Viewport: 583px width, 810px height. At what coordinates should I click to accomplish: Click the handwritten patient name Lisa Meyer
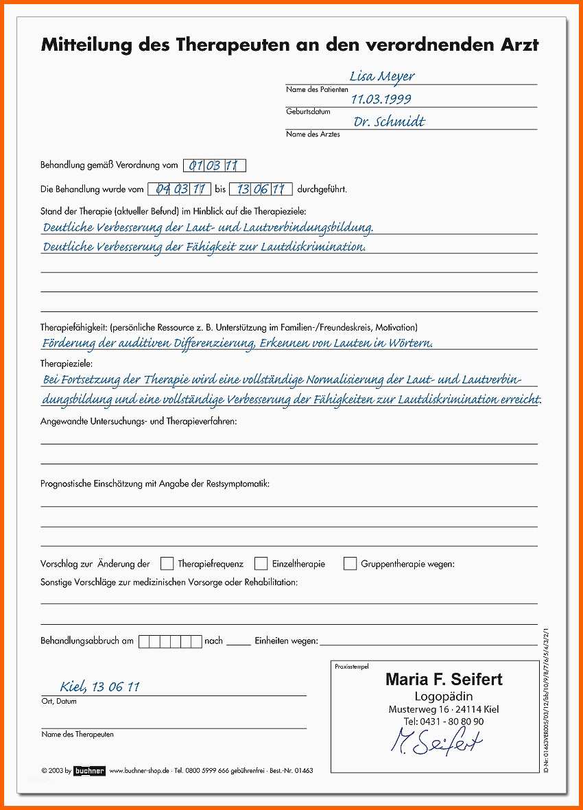pos(382,76)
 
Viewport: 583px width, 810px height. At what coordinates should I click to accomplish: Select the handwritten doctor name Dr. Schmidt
pos(389,122)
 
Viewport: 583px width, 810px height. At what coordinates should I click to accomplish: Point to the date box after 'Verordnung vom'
pos(215,165)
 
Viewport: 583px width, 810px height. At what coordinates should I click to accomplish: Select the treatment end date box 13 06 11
pos(261,189)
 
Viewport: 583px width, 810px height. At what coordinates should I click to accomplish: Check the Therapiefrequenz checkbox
pos(167,564)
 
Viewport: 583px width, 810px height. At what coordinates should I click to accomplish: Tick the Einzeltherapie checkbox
pos(261,564)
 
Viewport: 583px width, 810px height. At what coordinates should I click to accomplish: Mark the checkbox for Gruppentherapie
pos(350,564)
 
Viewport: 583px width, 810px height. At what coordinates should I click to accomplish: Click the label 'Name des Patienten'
pos(317,89)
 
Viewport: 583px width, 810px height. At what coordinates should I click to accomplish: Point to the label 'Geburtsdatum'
pos(308,111)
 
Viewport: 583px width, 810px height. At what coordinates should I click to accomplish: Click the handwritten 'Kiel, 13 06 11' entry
pos(100,687)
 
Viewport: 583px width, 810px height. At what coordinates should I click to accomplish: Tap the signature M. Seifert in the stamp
pos(436,741)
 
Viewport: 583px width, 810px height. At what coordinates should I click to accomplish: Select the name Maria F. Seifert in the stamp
pos(444,680)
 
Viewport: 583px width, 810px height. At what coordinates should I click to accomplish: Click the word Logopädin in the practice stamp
pos(444,696)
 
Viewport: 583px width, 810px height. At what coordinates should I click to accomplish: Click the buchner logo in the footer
pos(89,770)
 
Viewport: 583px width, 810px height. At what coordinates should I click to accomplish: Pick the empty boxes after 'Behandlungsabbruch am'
pos(169,641)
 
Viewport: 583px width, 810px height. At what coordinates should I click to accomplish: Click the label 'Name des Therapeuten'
pos(78,734)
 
